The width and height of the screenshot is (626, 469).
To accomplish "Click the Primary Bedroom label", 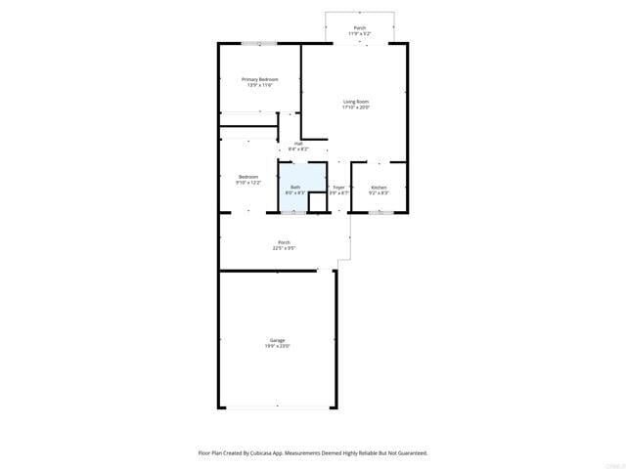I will pos(260,79).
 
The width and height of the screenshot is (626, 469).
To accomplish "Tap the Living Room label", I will pos(356,102).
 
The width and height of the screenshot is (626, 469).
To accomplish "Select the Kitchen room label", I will pos(379,187).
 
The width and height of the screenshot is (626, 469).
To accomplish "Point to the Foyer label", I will pos(338,187).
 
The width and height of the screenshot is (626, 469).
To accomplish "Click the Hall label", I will pos(285,144).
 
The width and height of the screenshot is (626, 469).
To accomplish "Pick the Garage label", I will pos(278,340).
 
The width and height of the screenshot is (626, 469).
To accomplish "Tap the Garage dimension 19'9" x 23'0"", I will pos(278,346).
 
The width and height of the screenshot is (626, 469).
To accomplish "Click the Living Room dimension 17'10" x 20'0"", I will pos(356,107).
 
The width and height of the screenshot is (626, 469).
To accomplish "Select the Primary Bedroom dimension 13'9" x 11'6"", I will pos(260,85).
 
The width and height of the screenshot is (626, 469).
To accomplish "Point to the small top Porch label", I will pos(359,28).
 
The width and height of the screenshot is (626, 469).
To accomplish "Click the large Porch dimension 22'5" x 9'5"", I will pos(284,248).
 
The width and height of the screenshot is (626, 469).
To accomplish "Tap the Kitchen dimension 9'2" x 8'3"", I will pos(379,192).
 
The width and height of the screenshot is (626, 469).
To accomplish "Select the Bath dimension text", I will pos(295,192).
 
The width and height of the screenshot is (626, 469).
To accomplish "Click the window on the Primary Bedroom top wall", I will pos(259,43).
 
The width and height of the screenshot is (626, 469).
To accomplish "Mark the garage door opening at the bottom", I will pos(278,407).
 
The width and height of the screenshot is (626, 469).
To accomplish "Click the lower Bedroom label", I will pos(247,177).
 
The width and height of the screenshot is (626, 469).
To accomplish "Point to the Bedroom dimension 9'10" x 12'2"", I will pos(247,183).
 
